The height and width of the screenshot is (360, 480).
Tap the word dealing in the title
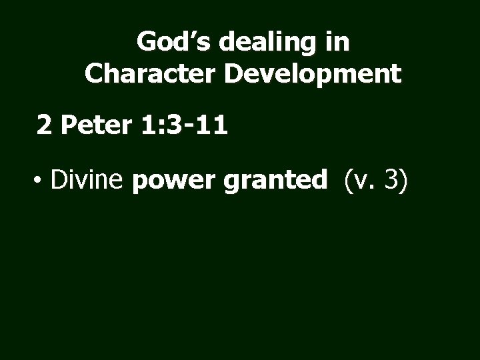click(258, 42)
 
